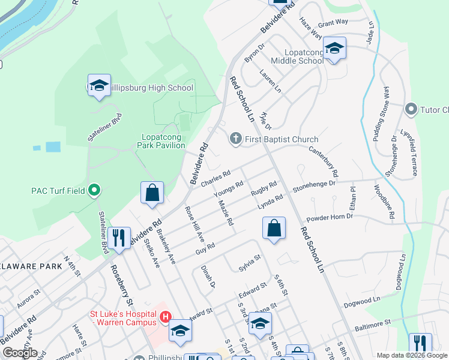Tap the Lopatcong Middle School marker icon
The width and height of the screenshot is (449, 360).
[334, 48]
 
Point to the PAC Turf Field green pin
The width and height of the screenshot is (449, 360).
[94, 191]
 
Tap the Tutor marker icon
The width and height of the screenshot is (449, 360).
[411, 109]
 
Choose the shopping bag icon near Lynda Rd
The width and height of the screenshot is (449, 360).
[274, 229]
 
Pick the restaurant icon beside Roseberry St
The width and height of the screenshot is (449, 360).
[121, 238]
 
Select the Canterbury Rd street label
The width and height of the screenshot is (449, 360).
[324, 161]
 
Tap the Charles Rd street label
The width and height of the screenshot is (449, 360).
[215, 179]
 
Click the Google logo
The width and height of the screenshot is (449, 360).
[20, 353]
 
